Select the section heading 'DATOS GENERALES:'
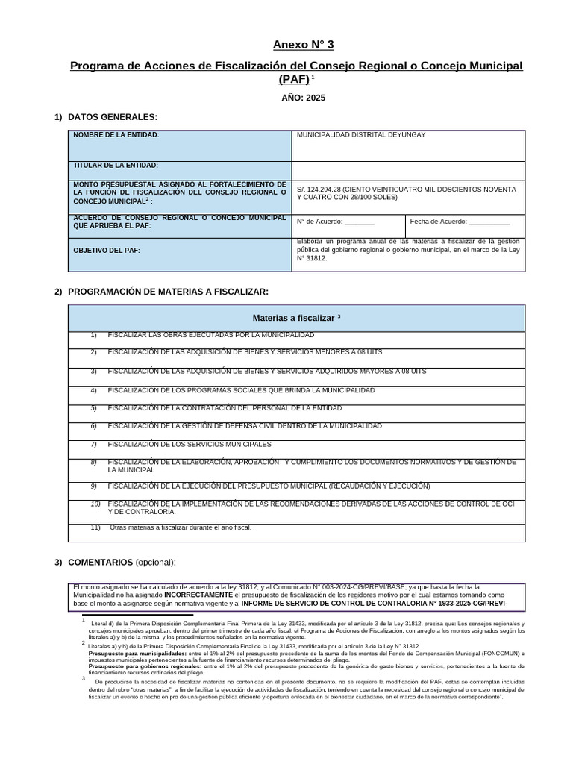112,117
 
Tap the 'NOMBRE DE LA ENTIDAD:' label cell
116,135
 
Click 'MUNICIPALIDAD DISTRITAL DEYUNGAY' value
362,135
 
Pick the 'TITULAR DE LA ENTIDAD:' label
116,166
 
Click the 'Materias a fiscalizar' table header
296,318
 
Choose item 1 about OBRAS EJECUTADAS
211,335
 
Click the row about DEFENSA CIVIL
245,426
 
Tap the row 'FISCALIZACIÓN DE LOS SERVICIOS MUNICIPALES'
190,444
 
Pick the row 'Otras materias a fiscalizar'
181,527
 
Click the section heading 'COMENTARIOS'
100,562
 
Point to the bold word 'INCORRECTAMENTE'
198,595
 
